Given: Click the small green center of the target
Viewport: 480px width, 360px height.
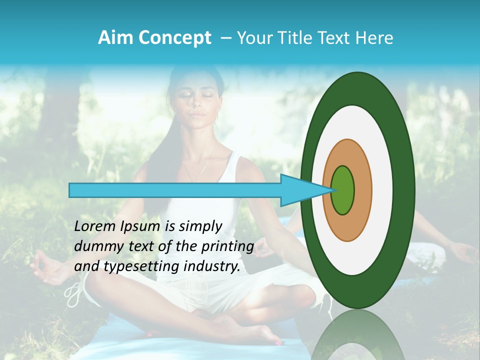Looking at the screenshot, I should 343,190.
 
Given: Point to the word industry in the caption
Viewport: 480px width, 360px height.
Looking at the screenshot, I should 213,266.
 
